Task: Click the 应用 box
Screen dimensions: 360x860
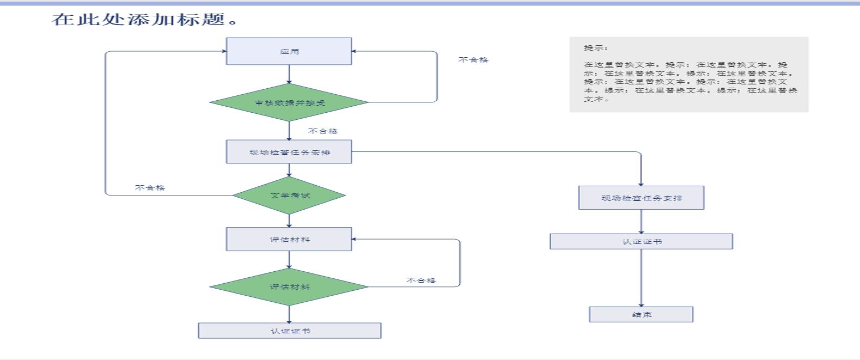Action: coord(289,51)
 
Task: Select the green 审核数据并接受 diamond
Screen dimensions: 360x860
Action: coord(289,102)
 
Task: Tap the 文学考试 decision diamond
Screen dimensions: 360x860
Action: coord(289,195)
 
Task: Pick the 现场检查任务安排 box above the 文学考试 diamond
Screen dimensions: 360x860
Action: coord(289,152)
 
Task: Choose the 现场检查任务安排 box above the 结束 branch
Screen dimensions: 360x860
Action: coord(641,198)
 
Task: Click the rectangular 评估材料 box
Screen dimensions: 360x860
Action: coord(289,239)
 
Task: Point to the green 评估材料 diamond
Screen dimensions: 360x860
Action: coord(289,286)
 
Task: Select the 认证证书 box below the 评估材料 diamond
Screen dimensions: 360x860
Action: coord(289,331)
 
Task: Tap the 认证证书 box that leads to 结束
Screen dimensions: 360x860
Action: coord(641,241)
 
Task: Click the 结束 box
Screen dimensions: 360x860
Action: coord(641,314)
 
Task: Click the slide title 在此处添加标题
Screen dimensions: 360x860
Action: coord(145,20)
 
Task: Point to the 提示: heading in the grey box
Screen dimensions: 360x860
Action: coord(596,48)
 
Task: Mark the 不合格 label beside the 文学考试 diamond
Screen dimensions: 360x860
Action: coord(150,188)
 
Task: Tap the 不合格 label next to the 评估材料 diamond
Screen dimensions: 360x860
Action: coord(420,280)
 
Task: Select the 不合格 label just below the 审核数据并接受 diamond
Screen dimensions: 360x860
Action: coord(322,131)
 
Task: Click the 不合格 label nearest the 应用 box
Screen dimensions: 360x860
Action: coord(473,60)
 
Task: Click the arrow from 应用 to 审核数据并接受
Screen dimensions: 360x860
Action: coord(289,74)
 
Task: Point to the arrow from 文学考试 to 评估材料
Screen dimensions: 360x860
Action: coord(289,221)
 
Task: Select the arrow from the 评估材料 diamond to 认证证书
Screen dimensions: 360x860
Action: coord(289,314)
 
